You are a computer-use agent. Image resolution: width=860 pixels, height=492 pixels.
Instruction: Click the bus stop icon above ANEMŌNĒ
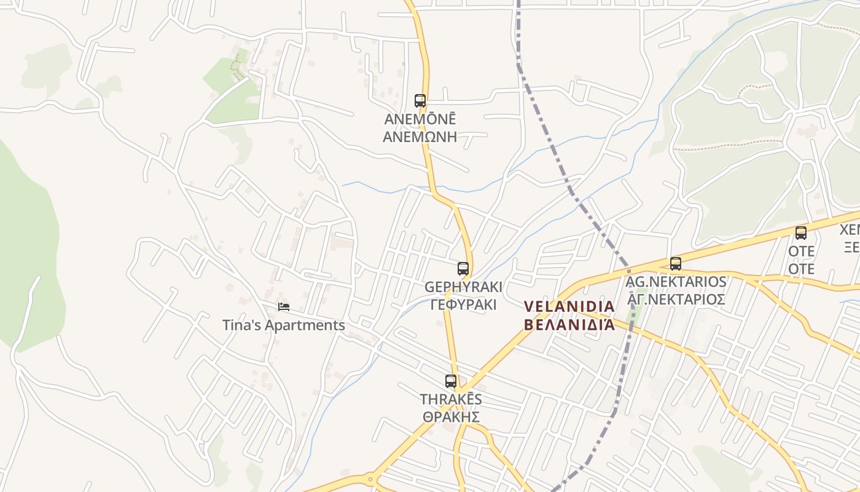pyautogui.click(x=420, y=100)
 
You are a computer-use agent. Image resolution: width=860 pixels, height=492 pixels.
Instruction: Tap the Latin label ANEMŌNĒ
pyautogui.click(x=420, y=119)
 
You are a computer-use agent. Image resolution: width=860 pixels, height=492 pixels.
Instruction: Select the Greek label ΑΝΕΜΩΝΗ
pyautogui.click(x=420, y=137)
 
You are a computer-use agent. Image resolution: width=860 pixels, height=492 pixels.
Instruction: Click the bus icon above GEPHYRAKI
pyautogui.click(x=463, y=269)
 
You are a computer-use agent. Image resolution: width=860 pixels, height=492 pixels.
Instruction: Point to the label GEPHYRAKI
pyautogui.click(x=463, y=287)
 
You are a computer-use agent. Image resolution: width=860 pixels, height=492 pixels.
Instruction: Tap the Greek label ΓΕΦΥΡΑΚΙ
pyautogui.click(x=463, y=305)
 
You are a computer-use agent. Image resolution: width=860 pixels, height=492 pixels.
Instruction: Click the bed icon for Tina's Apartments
pyautogui.click(x=283, y=307)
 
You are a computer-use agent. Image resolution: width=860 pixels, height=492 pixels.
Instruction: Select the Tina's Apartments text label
pyautogui.click(x=283, y=325)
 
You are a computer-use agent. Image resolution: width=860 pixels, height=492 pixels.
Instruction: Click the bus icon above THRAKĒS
pyautogui.click(x=451, y=381)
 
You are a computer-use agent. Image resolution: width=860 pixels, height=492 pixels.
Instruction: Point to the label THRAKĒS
pyautogui.click(x=451, y=399)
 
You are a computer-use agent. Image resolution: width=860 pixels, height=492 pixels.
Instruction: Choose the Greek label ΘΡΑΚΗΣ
pyautogui.click(x=451, y=417)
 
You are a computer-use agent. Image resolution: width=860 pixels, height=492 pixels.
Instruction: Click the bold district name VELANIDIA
pyautogui.click(x=569, y=306)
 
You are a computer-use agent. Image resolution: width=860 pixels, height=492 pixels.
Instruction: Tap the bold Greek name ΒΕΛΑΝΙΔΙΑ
pyautogui.click(x=569, y=325)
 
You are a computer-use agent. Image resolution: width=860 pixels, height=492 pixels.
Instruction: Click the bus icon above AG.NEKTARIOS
pyautogui.click(x=676, y=264)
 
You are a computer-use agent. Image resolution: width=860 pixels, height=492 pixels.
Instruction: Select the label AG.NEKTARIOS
pyautogui.click(x=676, y=282)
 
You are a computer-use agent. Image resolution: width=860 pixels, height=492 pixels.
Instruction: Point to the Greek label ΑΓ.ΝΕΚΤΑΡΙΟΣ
pyautogui.click(x=676, y=300)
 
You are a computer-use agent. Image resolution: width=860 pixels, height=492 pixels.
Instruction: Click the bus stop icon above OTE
pyautogui.click(x=801, y=233)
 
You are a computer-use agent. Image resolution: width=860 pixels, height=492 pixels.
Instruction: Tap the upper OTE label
pyautogui.click(x=802, y=251)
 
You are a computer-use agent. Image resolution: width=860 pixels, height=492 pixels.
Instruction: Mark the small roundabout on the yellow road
pyautogui.click(x=370, y=479)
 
